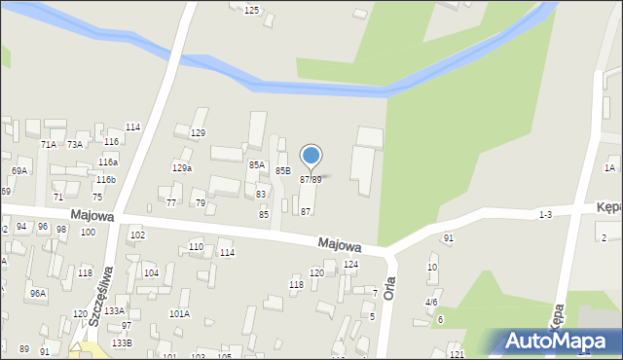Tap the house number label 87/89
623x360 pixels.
[311, 180]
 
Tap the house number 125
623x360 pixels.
[251, 10]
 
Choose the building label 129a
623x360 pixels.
[182, 167]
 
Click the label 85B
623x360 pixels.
[282, 170]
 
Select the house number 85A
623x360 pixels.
[256, 165]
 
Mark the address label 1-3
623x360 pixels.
[545, 214]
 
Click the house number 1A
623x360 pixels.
[609, 168]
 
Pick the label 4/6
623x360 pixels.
[430, 303]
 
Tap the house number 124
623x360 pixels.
[350, 264]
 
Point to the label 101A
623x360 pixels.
[179, 314]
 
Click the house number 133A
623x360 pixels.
[115, 310]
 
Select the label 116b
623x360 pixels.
[106, 180]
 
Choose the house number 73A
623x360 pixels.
[75, 144]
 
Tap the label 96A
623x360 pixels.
[37, 294]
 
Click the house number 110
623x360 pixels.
[196, 247]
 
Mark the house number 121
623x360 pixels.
[457, 354]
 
